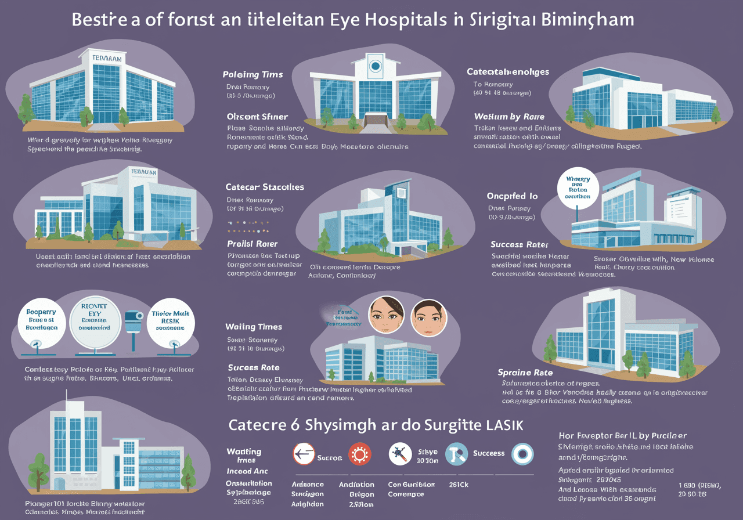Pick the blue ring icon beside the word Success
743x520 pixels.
pyautogui.click(x=522, y=454)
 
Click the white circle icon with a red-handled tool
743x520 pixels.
pyautogui.click(x=400, y=453)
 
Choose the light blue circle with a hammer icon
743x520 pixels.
pyautogui.click(x=456, y=453)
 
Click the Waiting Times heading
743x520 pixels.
pyautogui.click(x=254, y=327)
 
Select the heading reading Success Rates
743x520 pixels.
pyautogui.click(x=519, y=244)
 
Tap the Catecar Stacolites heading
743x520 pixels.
pyautogui.click(x=265, y=187)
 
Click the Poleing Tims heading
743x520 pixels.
pyautogui.click(x=253, y=74)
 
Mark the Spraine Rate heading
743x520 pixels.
pyautogui.click(x=525, y=372)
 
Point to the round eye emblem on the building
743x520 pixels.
pyautogui.click(x=376, y=67)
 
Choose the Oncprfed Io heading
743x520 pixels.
pyautogui.click(x=512, y=196)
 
